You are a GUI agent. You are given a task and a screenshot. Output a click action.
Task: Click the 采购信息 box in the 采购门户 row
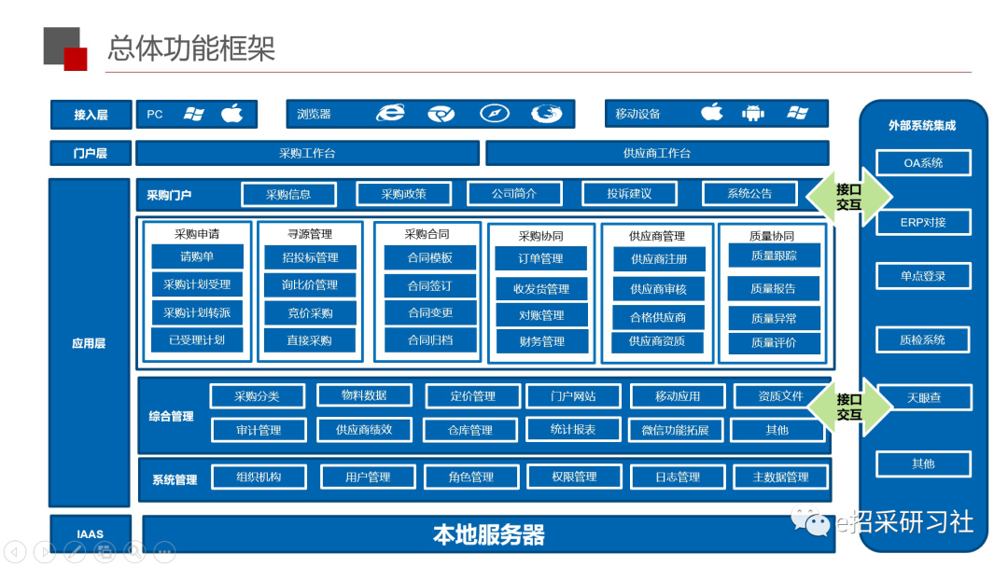288,194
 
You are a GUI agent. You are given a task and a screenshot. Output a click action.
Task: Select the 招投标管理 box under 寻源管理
310,257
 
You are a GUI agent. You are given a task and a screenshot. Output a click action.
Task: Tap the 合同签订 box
430,285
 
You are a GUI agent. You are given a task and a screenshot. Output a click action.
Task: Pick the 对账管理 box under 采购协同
541,315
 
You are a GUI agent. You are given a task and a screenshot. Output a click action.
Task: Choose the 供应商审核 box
658,289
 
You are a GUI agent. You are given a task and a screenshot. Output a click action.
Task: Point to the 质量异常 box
774,318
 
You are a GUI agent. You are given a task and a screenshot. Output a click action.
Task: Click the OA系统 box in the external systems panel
923,163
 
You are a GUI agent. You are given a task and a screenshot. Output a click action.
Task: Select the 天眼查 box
924,397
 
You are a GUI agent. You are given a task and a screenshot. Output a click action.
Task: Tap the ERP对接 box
923,222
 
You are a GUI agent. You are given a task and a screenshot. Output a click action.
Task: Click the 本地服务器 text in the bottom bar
488,534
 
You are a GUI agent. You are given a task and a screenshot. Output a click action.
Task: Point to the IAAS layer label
90,533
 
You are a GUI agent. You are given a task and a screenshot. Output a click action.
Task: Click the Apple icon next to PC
232,114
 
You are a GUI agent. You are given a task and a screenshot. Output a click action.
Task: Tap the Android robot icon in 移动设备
753,114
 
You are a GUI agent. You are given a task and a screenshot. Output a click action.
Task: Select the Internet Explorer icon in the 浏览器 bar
390,113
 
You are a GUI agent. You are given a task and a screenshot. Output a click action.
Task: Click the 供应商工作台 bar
657,154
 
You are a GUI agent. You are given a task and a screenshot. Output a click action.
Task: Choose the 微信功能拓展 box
675,430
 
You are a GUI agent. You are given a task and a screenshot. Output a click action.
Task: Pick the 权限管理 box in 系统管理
574,477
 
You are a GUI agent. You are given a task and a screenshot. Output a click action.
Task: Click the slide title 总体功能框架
191,48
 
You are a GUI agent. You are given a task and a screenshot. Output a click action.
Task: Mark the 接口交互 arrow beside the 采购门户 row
848,197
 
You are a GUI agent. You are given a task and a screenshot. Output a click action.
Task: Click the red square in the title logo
76,59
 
